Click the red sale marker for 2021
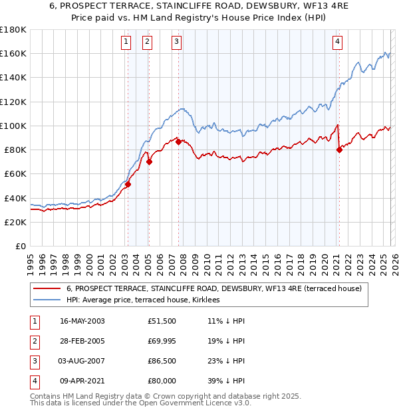pyautogui.click(x=339, y=150)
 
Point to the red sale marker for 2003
pyautogui.click(x=128, y=184)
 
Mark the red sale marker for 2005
pyautogui.click(x=149, y=161)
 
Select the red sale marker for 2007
pyautogui.click(x=178, y=142)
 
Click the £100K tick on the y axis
pyautogui.click(x=13, y=126)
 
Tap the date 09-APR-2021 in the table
pyautogui.click(x=82, y=381)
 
